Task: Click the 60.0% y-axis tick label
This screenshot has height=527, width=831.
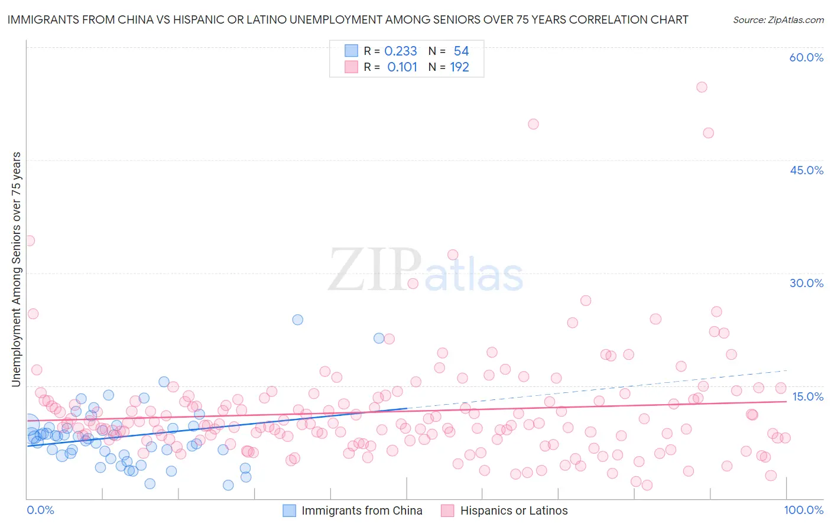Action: click(x=806, y=57)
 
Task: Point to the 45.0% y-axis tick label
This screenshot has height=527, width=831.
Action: click(x=806, y=170)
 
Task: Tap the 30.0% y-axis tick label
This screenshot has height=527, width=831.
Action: click(x=806, y=283)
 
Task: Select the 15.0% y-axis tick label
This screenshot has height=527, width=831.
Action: click(x=807, y=396)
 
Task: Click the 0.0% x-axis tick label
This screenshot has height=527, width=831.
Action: click(x=40, y=510)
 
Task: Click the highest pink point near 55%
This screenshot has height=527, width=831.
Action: click(x=702, y=87)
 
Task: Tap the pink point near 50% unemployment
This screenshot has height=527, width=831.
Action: click(x=533, y=124)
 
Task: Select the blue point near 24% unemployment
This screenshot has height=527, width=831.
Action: click(x=298, y=320)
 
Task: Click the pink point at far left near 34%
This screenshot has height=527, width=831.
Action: click(x=29, y=240)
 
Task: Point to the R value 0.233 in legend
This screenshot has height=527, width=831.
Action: click(x=401, y=51)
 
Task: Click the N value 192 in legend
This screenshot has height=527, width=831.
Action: click(x=459, y=67)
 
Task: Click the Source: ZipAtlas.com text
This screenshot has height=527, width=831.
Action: click(x=778, y=19)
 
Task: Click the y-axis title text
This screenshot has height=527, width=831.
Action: click(x=17, y=269)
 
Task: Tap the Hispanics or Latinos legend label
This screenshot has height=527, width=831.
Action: click(x=514, y=510)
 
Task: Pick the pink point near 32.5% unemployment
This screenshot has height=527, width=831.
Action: click(x=453, y=255)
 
